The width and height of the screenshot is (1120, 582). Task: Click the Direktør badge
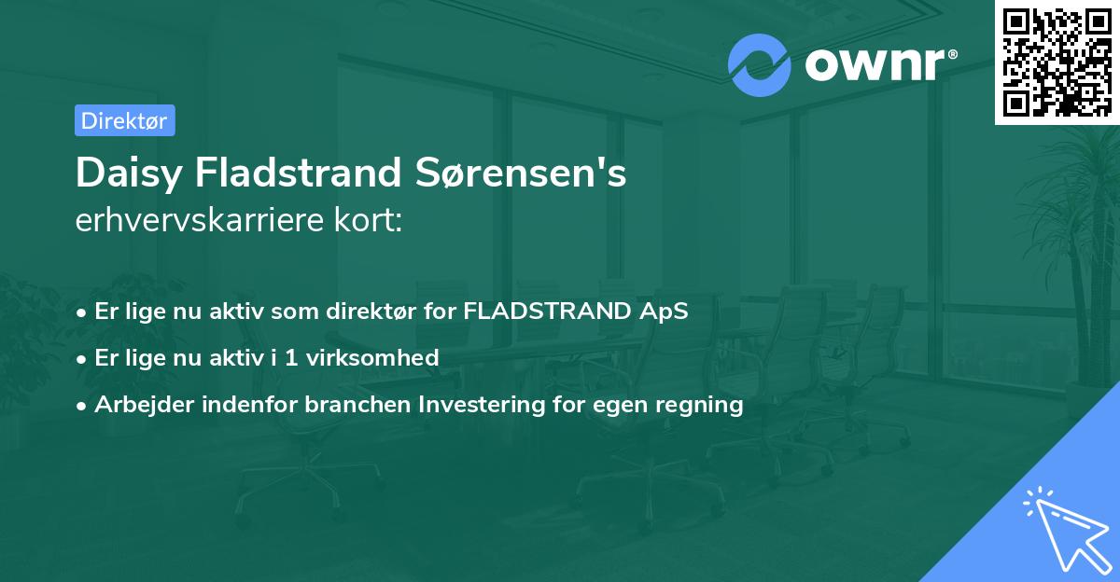tap(124, 120)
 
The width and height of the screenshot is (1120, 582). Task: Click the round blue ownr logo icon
tap(760, 64)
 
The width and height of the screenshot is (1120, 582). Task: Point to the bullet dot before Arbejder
tap(83, 405)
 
